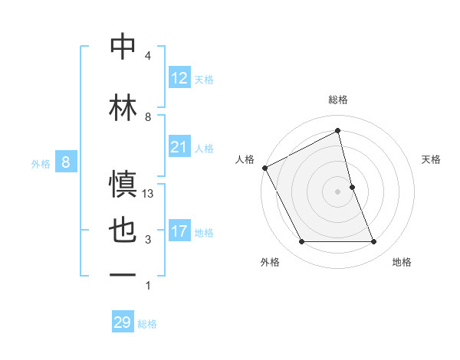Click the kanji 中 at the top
click(x=123, y=47)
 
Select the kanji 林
click(x=123, y=108)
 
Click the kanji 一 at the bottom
click(x=123, y=274)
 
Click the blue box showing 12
click(x=179, y=78)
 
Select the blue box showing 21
click(x=179, y=147)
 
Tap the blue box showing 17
click(x=179, y=231)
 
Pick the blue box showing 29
click(x=123, y=322)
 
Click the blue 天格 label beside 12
click(x=204, y=79)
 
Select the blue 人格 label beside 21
click(x=204, y=148)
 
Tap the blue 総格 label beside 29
click(x=147, y=324)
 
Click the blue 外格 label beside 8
click(x=41, y=163)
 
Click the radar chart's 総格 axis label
click(x=338, y=100)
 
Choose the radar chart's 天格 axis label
click(x=432, y=159)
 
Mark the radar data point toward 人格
click(x=264, y=168)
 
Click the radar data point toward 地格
click(x=374, y=242)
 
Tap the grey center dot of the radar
click(x=338, y=191)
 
